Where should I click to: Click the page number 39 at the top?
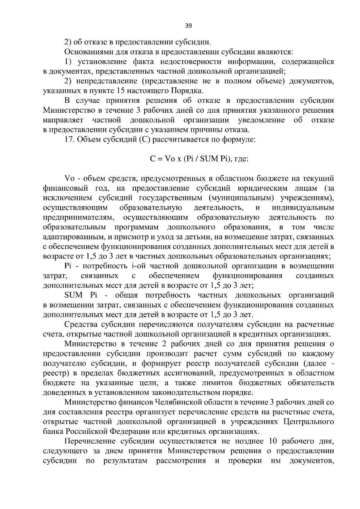click(x=188, y=26)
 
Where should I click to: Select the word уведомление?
click(x=261, y=120)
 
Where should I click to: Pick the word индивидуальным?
click(x=303, y=208)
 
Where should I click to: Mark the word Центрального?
click(x=309, y=422)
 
